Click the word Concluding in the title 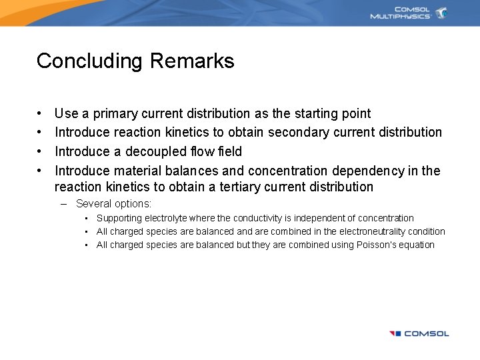pyautogui.click(x=91, y=61)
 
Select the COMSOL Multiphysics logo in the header pyautogui.click(x=408, y=13)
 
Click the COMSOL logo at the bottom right pyautogui.click(x=419, y=333)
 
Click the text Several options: pyautogui.click(x=113, y=204)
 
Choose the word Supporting pyautogui.click(x=119, y=218)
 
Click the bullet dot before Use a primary pyautogui.click(x=40, y=114)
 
